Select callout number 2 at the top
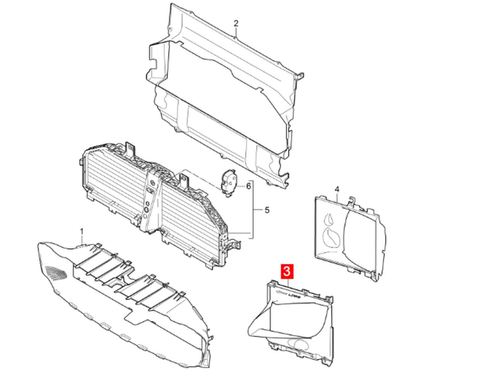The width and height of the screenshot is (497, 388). coord(236,23)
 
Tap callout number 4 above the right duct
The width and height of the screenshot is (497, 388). coord(337,189)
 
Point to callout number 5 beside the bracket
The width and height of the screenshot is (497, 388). coord(267,210)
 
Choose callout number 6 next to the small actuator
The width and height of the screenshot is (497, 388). coord(248,186)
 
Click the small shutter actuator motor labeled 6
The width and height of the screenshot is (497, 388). coord(228,183)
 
